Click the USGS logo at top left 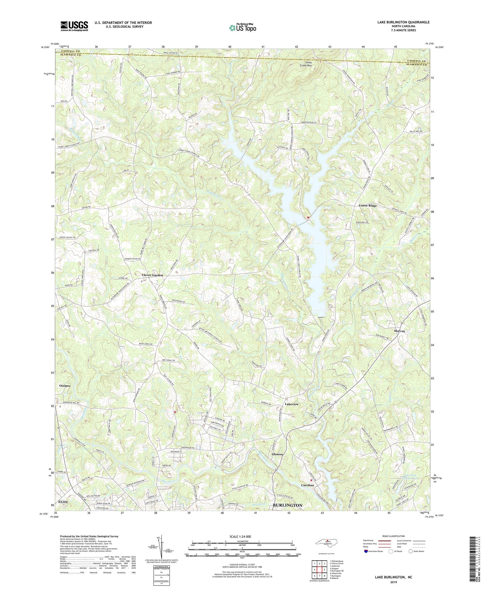coord(74,26)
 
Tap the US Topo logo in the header coord(242,28)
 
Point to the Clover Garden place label coord(152,275)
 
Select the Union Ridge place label coord(367,205)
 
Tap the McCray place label coord(399,331)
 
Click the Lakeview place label coord(292,404)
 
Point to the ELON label coord(63,502)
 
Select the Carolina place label coord(307,485)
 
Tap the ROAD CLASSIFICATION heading coord(393,536)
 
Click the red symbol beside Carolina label coord(311,480)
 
